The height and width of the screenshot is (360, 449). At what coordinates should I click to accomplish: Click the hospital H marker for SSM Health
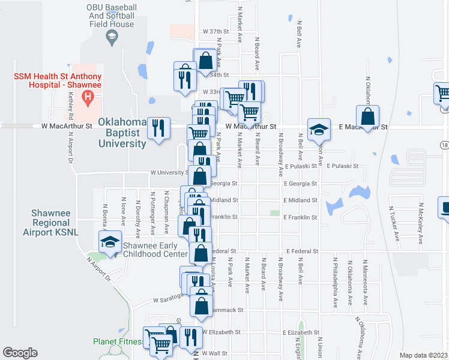[89, 96]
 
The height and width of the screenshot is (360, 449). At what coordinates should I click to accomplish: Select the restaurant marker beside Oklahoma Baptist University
[159, 128]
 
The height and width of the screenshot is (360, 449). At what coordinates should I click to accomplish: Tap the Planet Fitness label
[118, 342]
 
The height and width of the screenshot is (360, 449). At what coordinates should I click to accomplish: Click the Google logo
[21, 353]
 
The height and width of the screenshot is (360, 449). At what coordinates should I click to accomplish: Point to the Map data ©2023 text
[424, 355]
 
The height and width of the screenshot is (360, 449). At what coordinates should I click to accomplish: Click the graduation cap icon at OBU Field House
[112, 38]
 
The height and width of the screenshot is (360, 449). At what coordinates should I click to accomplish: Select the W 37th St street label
[217, 31]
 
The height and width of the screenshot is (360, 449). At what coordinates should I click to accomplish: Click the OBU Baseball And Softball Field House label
[112, 15]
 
